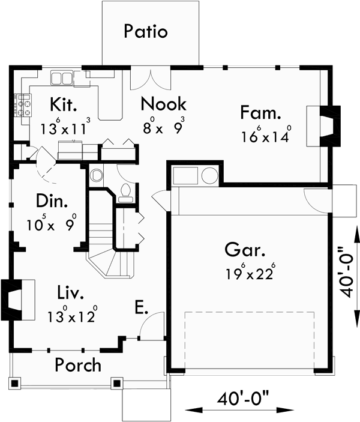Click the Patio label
point(145,31)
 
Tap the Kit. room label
point(63,106)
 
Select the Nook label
point(163,103)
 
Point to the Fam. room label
point(261,112)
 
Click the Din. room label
point(50,200)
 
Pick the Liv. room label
point(70,294)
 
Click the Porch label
point(78,364)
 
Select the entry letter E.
point(142,309)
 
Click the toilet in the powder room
point(125,190)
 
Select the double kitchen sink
point(62,78)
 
